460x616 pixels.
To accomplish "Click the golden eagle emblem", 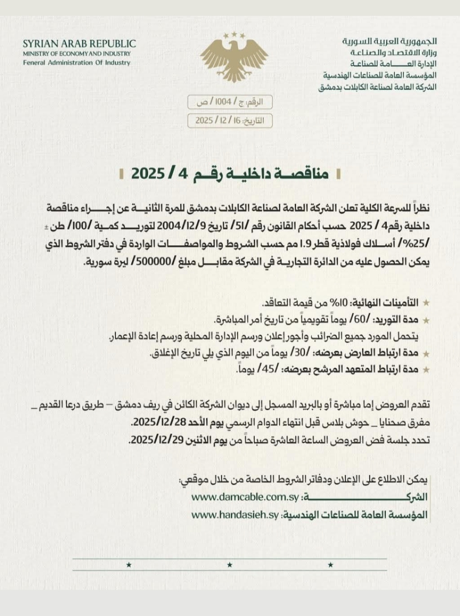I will point(234,58).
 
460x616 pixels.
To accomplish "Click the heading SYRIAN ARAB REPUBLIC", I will point(79,44).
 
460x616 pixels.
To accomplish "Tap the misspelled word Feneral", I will point(34,62).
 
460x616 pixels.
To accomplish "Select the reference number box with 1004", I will point(230,102).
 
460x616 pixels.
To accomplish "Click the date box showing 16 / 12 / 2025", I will point(230,120).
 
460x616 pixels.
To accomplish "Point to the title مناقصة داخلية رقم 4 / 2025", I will point(230,174).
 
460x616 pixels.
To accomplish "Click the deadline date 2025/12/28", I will point(155,423).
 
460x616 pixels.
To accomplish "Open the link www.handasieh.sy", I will point(235,515).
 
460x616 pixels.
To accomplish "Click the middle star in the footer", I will point(230,565).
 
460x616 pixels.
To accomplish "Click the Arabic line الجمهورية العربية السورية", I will point(390,41).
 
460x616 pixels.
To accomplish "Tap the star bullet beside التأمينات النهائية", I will point(426,303).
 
